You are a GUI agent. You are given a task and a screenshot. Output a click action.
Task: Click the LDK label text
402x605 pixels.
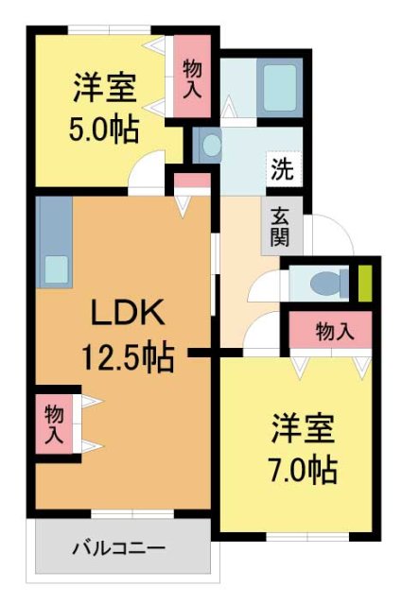[x=128, y=311]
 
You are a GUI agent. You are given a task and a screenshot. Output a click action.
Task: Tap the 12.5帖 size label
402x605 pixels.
[x=126, y=358]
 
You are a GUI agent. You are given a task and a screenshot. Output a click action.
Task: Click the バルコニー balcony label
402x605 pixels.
[x=120, y=548]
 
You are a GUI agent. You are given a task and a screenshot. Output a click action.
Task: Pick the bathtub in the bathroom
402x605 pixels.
[x=280, y=86]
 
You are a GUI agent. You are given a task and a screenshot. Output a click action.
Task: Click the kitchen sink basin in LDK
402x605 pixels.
[x=54, y=269]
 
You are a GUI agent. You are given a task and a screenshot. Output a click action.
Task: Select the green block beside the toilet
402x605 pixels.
[x=364, y=283]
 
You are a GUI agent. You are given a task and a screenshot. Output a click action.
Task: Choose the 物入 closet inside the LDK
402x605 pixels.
[x=55, y=422]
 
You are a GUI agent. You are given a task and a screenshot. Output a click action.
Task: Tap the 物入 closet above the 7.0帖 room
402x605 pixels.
[x=335, y=332]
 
